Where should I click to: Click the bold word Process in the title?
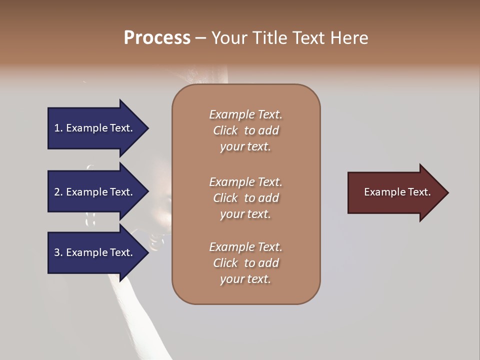coord(157,38)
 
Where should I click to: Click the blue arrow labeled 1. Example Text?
coord(95,128)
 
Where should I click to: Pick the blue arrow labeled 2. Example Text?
coord(95,192)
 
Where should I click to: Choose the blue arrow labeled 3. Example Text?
coord(95,252)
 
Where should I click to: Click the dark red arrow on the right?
coord(395,192)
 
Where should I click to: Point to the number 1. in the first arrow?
coord(58,128)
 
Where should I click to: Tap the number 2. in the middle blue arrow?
coord(58,192)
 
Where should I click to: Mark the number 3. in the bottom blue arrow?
coord(58,252)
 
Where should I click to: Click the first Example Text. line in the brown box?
coord(245,114)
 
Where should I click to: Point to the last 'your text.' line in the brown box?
coord(245,279)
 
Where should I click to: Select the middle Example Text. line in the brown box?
coord(245,181)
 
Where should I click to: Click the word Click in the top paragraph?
coord(225,130)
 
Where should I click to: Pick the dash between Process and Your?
coord(200,38)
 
